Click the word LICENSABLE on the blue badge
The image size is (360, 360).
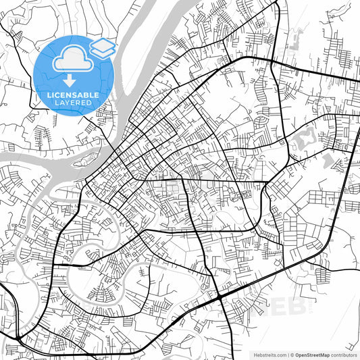pos(73,94)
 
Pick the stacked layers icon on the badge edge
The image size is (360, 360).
pos(103,47)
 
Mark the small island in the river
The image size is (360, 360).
pos(86,160)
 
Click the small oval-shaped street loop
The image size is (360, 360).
pos(260,122)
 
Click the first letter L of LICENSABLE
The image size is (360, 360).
pos(49,94)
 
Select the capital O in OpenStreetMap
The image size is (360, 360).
pos(295,355)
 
